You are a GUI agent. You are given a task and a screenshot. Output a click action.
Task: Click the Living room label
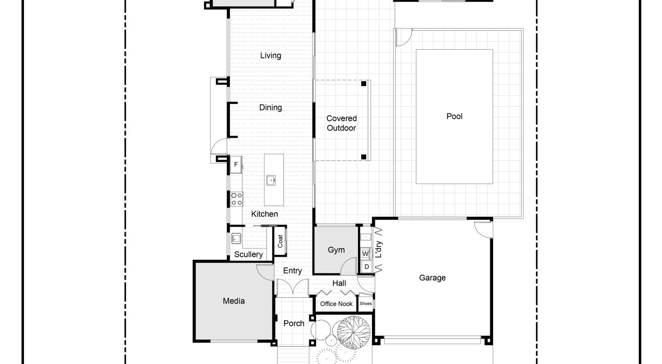tap(271, 55)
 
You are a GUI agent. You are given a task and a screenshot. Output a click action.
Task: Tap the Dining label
tap(271, 108)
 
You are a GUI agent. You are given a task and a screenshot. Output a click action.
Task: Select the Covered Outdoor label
tap(341, 123)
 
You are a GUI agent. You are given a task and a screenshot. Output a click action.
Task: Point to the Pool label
tap(454, 116)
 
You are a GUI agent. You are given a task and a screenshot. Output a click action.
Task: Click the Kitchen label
tap(264, 214)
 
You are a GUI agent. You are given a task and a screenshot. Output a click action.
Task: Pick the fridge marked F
tap(236, 164)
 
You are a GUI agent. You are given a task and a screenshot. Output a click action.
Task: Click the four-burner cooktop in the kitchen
tap(237, 199)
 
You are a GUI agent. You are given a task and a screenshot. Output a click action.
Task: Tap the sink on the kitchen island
tap(271, 180)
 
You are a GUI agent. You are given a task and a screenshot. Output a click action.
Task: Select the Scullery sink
tap(236, 238)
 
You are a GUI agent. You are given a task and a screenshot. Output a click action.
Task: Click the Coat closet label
tap(280, 241)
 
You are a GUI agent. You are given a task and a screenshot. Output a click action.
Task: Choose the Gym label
tap(336, 250)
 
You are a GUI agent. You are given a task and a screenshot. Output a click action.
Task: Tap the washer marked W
tap(365, 254)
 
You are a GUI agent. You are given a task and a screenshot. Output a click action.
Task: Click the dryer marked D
tap(366, 267)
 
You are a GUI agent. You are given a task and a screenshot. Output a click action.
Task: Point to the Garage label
tap(432, 278)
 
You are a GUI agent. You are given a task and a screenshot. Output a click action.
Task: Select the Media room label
tap(234, 301)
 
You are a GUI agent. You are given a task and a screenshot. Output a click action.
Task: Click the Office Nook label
tap(336, 304)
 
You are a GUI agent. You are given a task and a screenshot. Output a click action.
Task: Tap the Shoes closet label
tap(366, 304)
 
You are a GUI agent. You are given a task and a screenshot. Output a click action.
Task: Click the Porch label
tap(294, 323)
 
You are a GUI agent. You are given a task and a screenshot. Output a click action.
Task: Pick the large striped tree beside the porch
tap(354, 332)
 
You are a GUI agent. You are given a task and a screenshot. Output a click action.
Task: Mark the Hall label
tap(339, 283)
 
